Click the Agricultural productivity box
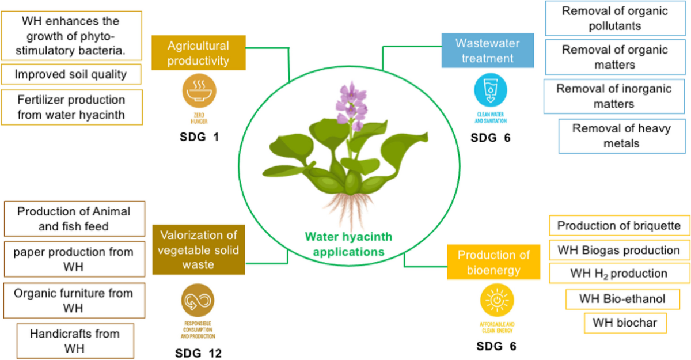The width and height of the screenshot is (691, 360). pyautogui.click(x=199, y=52)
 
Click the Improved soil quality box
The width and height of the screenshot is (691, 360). pyautogui.click(x=71, y=74)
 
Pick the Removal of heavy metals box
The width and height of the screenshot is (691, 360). pyautogui.click(x=621, y=136)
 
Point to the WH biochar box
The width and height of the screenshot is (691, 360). pyautogui.click(x=625, y=322)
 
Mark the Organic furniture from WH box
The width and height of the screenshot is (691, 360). pyautogui.click(x=74, y=301)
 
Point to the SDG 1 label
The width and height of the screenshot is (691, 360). pyautogui.click(x=199, y=138)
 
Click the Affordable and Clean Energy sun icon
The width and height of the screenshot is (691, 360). pyautogui.click(x=496, y=301)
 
